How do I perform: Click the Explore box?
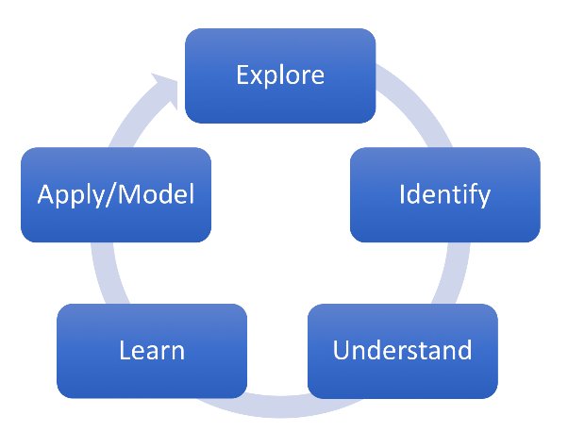coord(279,75)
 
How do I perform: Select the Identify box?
coord(444,194)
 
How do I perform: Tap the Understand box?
coord(402,350)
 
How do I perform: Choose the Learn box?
coord(152,351)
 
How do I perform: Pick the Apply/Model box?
coord(115,194)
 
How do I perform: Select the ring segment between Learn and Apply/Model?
coord(102,274)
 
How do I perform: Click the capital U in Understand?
coord(342,350)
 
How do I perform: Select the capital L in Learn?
coord(124,351)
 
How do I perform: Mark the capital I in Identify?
coord(402,194)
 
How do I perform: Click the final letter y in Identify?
coord(484,197)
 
